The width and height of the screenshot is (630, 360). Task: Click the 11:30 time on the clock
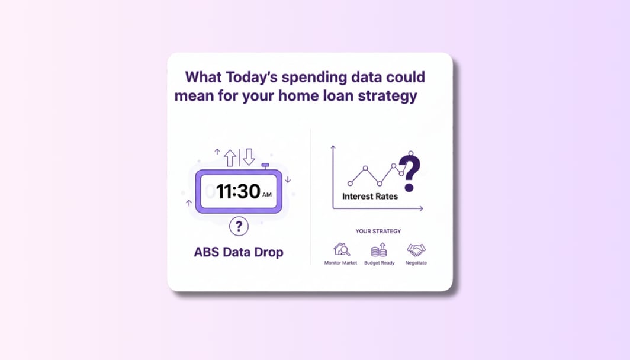[x=238, y=191]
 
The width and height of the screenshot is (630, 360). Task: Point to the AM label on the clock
[x=267, y=194]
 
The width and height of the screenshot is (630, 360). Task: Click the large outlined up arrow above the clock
[x=230, y=157]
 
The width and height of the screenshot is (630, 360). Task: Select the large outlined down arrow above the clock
[x=249, y=157]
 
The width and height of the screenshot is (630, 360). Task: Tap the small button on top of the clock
[x=265, y=165]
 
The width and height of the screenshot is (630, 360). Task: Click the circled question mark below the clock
[x=239, y=226]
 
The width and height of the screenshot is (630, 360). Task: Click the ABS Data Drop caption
[x=239, y=252]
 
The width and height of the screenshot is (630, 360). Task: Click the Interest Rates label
[x=370, y=197]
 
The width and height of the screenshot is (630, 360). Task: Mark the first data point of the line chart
[x=350, y=184]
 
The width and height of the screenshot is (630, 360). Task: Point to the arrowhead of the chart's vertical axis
[x=333, y=147]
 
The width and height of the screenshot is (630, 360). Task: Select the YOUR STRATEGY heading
[x=378, y=231]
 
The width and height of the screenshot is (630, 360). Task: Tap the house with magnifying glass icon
[x=342, y=250]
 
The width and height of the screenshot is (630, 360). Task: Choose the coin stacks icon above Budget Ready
[x=379, y=250]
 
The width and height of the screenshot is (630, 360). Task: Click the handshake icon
[x=416, y=250]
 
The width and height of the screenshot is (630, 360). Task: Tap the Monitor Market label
[x=341, y=263]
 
